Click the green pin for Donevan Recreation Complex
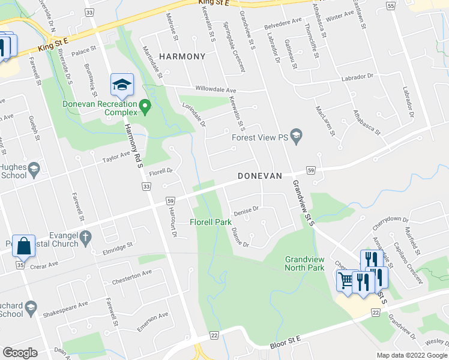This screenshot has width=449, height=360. [145, 107]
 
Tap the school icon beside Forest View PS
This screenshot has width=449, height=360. [296, 137]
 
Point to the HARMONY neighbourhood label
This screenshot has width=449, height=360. [182, 56]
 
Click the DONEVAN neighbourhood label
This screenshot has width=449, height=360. [260, 176]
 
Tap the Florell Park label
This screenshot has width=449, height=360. [211, 222]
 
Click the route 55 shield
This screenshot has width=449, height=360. [390, 6]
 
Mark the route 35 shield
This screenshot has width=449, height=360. [20, 265]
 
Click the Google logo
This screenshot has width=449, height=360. [20, 352]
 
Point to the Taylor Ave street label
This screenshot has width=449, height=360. [116, 157]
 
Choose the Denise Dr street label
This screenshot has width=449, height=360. [246, 209]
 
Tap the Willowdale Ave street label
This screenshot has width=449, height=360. [205, 89]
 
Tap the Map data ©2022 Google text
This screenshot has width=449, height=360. [411, 355]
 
